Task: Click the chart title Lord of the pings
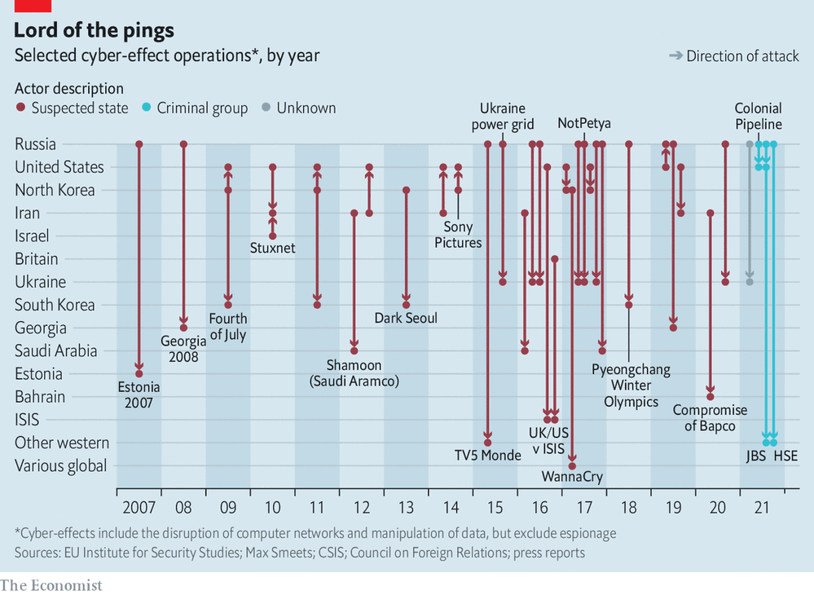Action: click(94, 31)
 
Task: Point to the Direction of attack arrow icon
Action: click(675, 56)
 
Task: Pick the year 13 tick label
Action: click(406, 508)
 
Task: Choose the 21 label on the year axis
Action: click(762, 508)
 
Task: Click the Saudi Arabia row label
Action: click(55, 351)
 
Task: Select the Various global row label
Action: click(61, 466)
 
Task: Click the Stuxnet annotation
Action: click(273, 248)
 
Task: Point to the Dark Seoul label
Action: click(406, 318)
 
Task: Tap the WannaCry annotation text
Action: click(572, 478)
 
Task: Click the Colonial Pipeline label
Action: click(758, 117)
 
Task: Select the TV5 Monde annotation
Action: click(487, 456)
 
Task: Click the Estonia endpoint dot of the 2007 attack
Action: click(139, 374)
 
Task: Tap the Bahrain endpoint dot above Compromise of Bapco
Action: click(711, 397)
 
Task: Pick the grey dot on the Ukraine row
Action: click(750, 282)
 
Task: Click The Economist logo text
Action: click(51, 585)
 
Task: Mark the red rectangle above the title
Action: click(33, 6)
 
